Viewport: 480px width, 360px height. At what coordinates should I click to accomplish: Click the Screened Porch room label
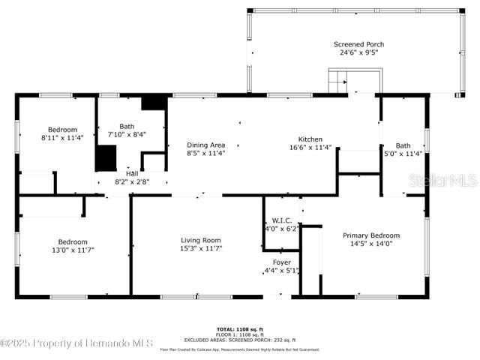(358, 44)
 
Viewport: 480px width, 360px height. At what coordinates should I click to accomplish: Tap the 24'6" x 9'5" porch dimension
(358, 53)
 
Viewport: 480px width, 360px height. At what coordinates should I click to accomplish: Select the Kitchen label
(310, 139)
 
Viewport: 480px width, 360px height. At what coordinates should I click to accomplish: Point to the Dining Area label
(205, 145)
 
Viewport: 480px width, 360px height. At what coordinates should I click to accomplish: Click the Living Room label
(201, 240)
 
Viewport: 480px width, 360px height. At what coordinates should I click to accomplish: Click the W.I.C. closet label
(282, 220)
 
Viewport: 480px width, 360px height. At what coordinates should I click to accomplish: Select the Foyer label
(281, 262)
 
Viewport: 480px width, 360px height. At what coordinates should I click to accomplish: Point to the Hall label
(132, 173)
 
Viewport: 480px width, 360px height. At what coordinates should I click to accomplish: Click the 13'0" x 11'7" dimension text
(73, 250)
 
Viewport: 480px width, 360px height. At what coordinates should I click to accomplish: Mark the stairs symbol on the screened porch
(338, 81)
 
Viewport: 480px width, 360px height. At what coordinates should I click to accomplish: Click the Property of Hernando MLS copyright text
(77, 343)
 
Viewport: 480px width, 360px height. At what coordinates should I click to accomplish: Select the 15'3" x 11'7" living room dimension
(201, 249)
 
